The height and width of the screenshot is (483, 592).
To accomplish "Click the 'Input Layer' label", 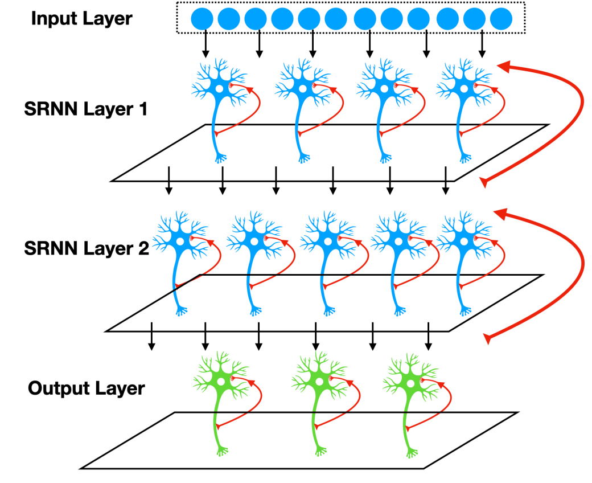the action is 81,19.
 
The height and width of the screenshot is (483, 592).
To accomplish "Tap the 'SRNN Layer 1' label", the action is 86,109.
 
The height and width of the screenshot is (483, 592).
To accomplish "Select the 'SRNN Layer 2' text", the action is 87,248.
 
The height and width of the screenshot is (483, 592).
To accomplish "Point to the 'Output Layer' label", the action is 87,388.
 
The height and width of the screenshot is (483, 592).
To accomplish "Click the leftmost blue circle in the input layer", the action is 202,18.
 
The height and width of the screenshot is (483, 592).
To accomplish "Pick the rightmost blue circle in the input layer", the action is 501,18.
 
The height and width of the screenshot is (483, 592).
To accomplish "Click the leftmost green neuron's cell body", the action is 221,382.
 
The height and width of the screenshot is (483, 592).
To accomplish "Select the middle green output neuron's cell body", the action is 319,382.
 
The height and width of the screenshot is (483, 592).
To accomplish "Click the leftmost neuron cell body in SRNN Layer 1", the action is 219,89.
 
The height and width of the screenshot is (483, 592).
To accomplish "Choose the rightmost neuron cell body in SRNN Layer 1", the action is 464,89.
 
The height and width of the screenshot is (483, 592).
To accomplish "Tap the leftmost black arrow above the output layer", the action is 151,336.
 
